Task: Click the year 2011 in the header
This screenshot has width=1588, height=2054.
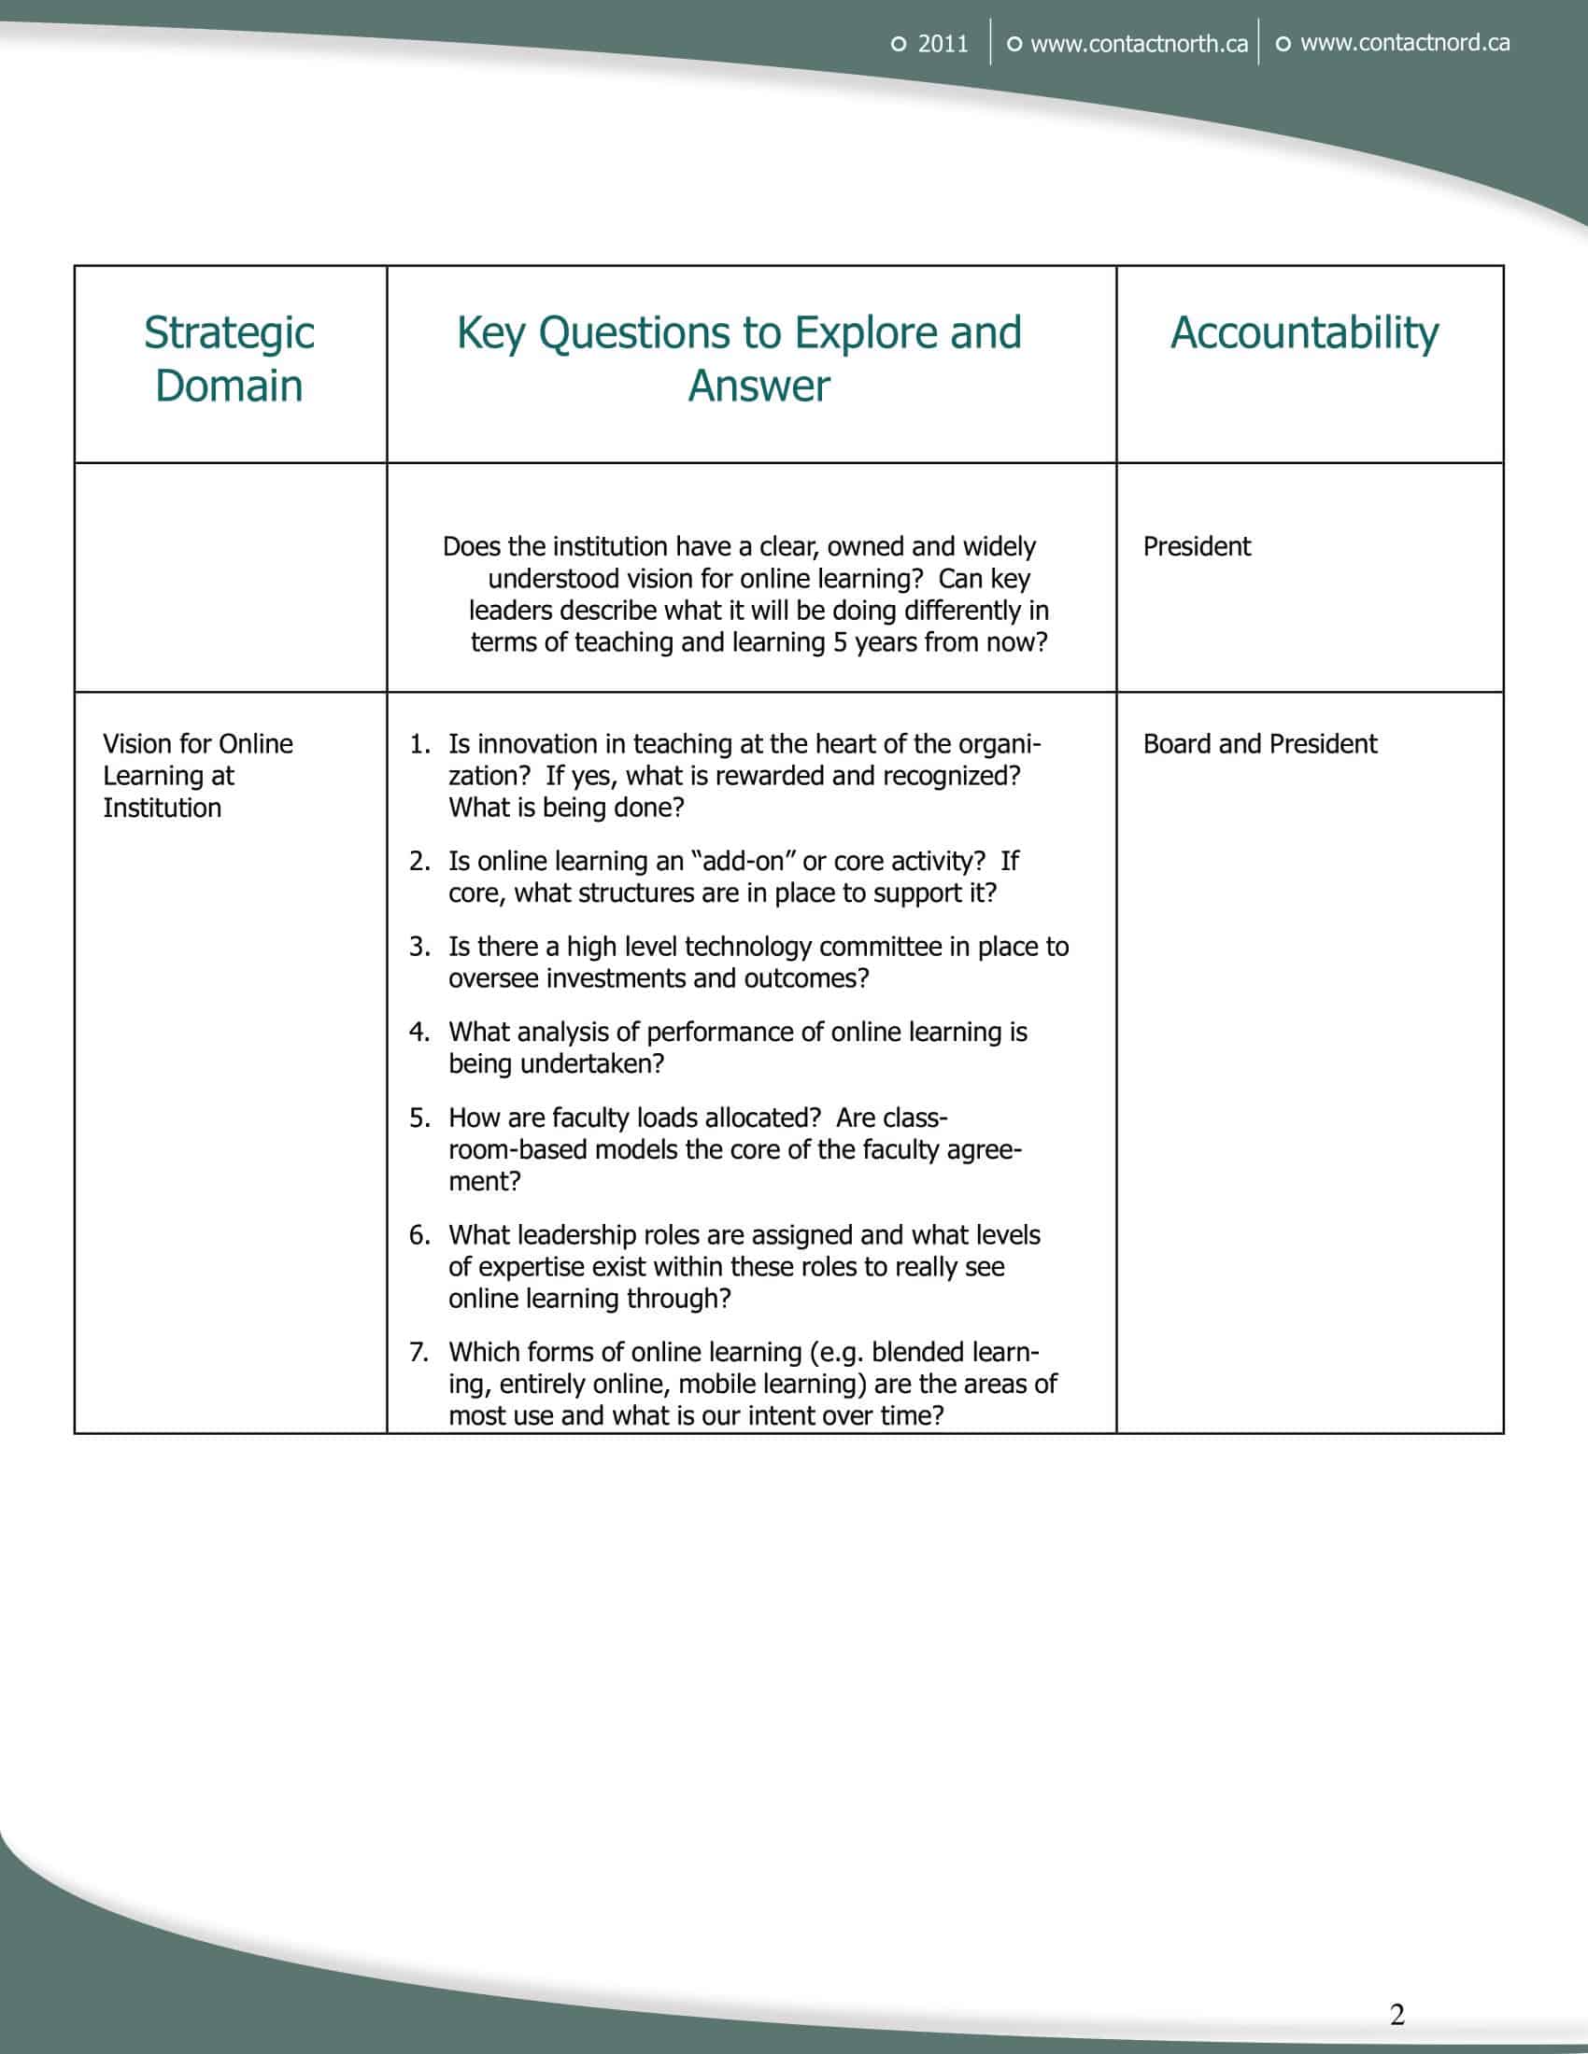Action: tap(943, 44)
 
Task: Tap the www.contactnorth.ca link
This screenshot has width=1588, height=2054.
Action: tap(1139, 44)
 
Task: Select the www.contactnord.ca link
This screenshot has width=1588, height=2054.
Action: tap(1405, 43)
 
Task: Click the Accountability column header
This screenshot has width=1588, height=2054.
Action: tap(1304, 333)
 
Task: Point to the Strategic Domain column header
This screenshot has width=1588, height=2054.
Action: tap(230, 359)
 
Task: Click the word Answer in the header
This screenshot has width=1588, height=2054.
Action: tap(759, 387)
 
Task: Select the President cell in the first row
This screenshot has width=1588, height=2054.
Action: tap(1197, 547)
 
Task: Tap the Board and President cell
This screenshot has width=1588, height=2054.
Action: tap(1260, 745)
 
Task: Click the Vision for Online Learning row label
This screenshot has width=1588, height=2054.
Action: tap(197, 776)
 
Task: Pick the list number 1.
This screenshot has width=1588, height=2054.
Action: tap(418, 745)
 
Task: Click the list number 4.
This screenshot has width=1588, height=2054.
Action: tap(418, 1033)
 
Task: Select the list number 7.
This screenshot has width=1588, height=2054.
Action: tap(418, 1353)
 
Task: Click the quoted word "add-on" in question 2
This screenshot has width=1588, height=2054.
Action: tap(743, 862)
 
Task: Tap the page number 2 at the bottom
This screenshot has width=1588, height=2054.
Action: tap(1397, 2015)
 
